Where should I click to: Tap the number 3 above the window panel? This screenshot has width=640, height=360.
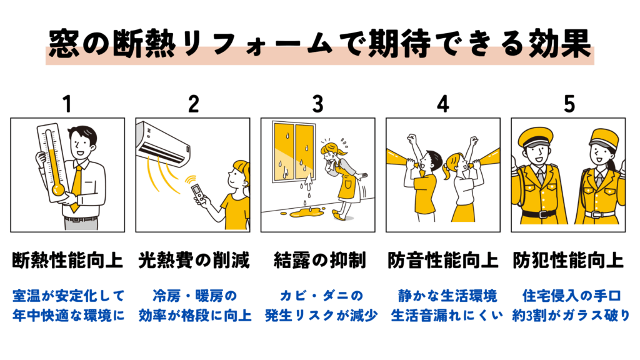tap(318, 104)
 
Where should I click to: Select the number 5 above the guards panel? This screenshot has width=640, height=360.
tap(569, 104)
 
